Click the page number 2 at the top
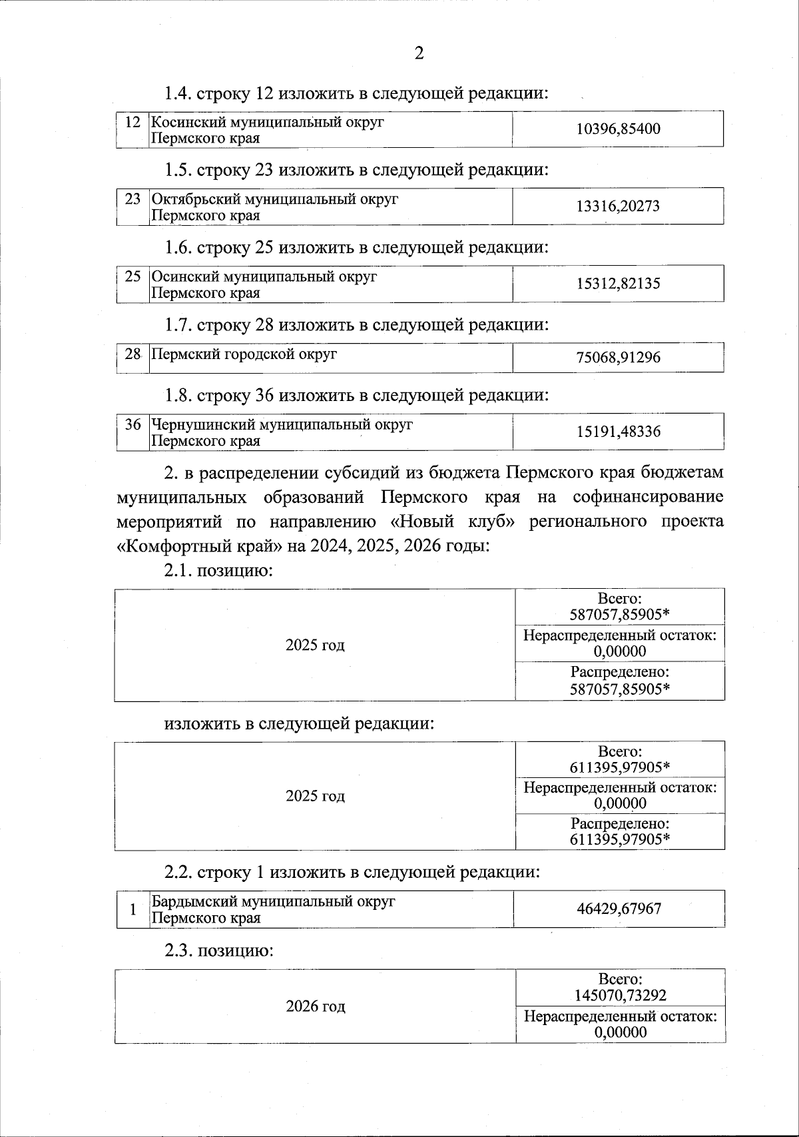pyautogui.click(x=419, y=54)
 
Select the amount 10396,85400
pyautogui.click(x=618, y=129)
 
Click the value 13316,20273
pyautogui.click(x=618, y=206)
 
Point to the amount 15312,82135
pyautogui.click(x=618, y=284)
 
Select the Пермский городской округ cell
pyautogui.click(x=244, y=354)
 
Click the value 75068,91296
pyautogui.click(x=618, y=358)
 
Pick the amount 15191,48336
pyautogui.click(x=618, y=432)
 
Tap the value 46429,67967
pyautogui.click(x=619, y=909)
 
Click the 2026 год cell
pyautogui.click(x=316, y=1006)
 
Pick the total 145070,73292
pyautogui.click(x=620, y=996)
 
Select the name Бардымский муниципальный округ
pyautogui.click(x=273, y=901)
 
